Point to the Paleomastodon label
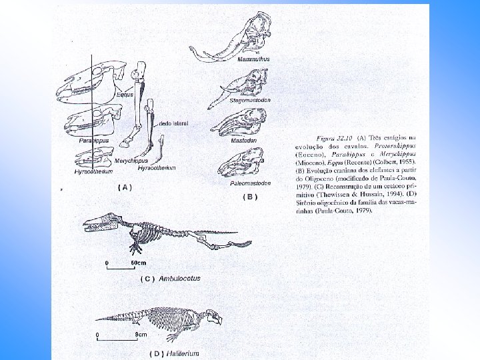(251, 182)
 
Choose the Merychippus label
(130, 161)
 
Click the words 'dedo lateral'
(173, 123)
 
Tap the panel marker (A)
(125, 187)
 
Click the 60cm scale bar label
(138, 263)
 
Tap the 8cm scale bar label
(141, 333)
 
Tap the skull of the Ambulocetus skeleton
(100, 223)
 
